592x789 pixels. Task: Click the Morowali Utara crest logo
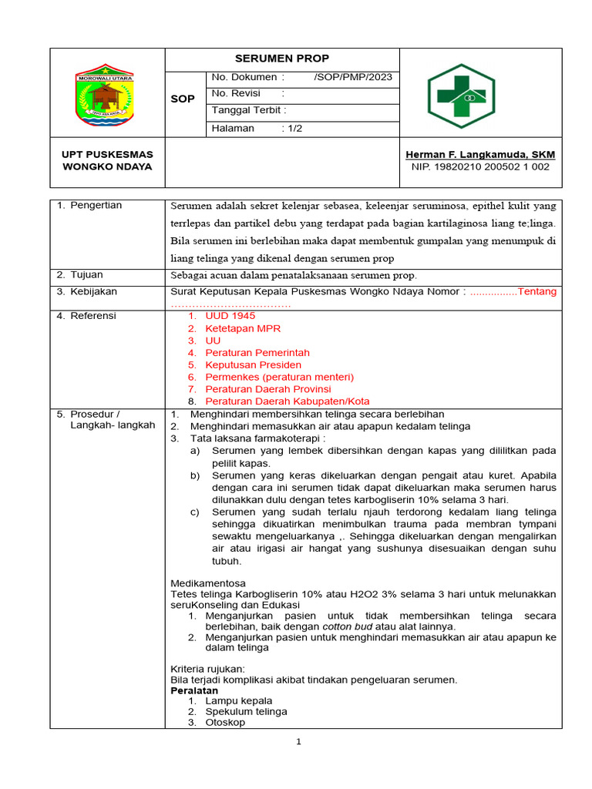click(104, 96)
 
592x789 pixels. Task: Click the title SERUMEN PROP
click(281, 59)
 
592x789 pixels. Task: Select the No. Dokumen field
click(301, 77)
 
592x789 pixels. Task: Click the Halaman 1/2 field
click(257, 128)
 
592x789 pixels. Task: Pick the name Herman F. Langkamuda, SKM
click(480, 154)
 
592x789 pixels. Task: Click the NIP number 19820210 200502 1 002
click(480, 166)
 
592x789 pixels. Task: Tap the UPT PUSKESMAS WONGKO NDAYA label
click(107, 160)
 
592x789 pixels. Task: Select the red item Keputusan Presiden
click(253, 364)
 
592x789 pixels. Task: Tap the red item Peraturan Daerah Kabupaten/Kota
click(287, 401)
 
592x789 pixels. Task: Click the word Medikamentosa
click(207, 583)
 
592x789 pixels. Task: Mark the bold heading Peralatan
click(194, 691)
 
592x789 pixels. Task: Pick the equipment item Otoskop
click(225, 722)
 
